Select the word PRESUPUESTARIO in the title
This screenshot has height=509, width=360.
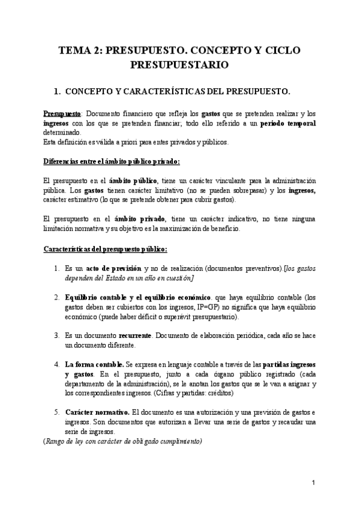180,64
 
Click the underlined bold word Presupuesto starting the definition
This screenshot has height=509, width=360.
62,114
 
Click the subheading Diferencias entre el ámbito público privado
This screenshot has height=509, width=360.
112,161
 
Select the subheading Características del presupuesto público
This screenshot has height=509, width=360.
105,249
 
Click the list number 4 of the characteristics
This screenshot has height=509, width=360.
57,364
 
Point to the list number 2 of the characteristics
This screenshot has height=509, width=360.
57,297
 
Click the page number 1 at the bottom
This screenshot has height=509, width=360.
314,483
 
